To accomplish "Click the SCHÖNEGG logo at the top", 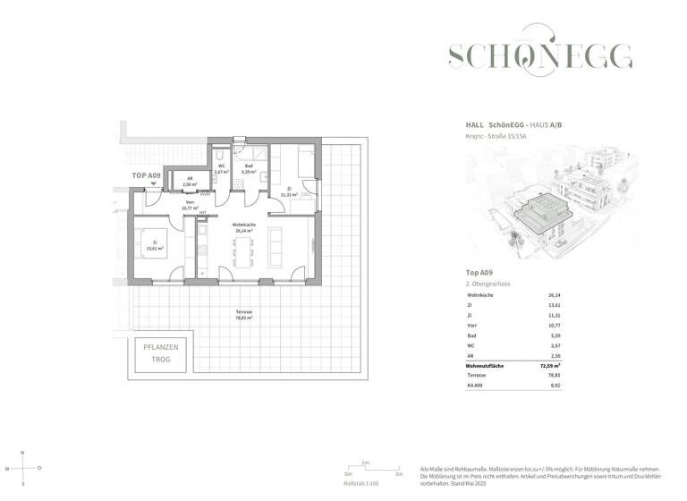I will coord(539,55).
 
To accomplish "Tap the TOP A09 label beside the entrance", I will coord(147,176).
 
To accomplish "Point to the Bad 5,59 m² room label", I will coord(248,168).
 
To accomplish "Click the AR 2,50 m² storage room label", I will coord(190,183).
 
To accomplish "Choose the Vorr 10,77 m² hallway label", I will coord(190,205).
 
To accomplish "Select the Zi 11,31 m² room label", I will coord(291,191).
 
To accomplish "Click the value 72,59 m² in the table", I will coord(561,366).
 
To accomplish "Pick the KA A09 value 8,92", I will coord(554,386).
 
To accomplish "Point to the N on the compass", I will coord(24,453).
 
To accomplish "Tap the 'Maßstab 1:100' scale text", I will coord(362,483).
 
